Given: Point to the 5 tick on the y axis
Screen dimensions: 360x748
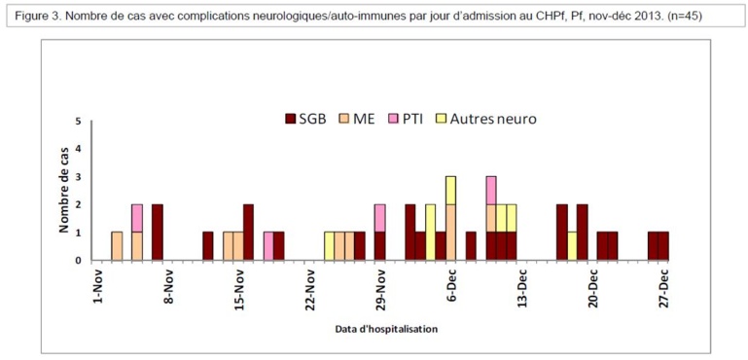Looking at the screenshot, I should (x=79, y=122).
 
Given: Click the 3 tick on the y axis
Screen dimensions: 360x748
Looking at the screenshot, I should (x=79, y=177).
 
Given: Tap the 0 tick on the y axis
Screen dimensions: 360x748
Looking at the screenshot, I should (x=79, y=260).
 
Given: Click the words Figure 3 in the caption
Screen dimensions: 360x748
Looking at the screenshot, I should (x=38, y=16).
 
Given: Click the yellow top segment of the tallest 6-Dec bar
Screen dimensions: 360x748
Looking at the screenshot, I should (x=450, y=191).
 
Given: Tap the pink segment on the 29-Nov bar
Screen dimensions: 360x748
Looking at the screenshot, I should (x=379, y=219).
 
